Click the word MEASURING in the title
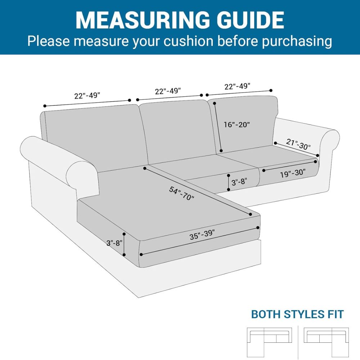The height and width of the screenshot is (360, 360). tap(143, 20)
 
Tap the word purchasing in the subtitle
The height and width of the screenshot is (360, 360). tap(297, 41)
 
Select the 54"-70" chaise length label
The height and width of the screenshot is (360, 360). tap(181, 193)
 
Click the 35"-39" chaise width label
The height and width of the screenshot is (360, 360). tap(202, 234)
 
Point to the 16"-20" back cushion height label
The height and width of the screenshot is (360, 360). tap(237, 125)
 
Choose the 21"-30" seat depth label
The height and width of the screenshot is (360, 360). tap(298, 144)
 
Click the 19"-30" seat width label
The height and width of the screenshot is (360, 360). tap(293, 173)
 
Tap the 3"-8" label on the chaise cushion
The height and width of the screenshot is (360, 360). tap(114, 243)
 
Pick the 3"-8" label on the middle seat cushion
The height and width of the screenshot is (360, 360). tap(239, 182)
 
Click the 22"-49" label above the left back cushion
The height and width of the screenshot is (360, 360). tap(87, 95)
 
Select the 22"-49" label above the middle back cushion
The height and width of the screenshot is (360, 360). tap(168, 91)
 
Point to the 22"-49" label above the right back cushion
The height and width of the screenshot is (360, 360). tap(237, 86)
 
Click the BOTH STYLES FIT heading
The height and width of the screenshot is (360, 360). tap(297, 314)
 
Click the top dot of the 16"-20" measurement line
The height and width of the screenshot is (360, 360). tap(215, 103)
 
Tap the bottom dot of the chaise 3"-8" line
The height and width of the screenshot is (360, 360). tap(124, 255)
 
